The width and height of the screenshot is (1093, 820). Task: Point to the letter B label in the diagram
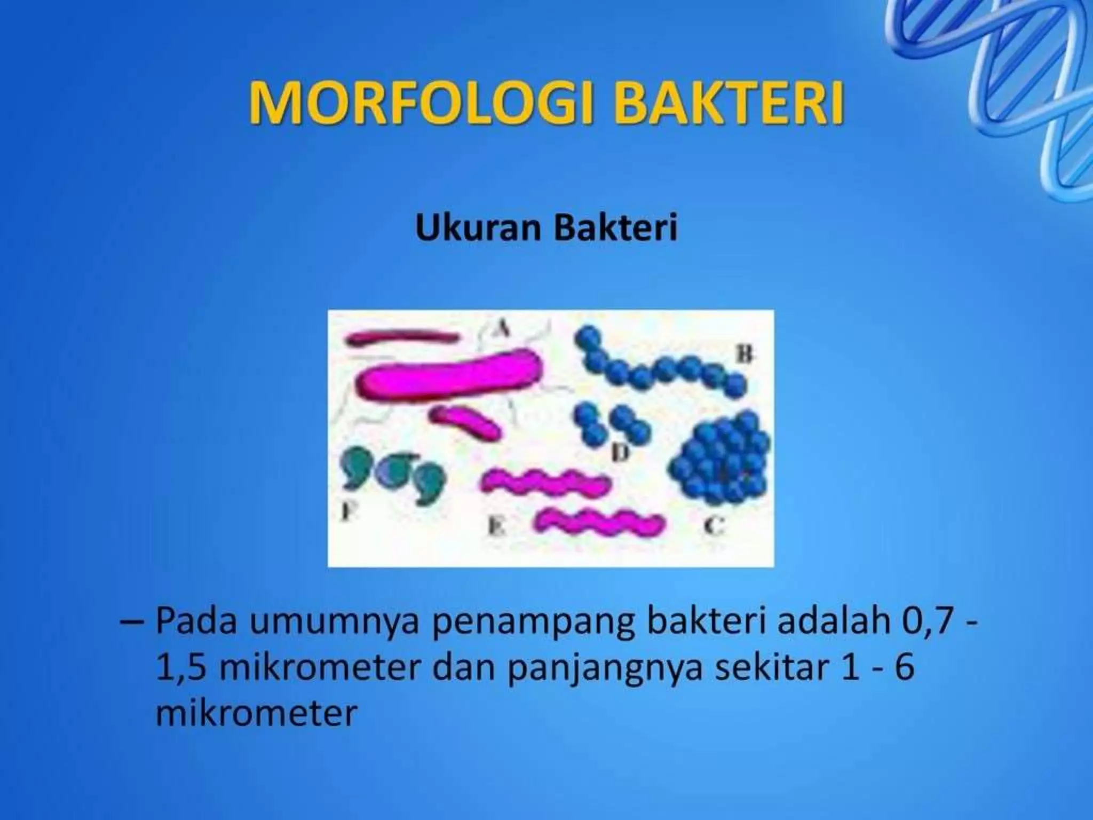click(x=745, y=353)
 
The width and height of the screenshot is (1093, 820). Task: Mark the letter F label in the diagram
click(x=347, y=512)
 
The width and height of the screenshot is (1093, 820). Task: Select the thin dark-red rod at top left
click(x=403, y=338)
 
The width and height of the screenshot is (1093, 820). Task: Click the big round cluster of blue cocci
click(x=720, y=460)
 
